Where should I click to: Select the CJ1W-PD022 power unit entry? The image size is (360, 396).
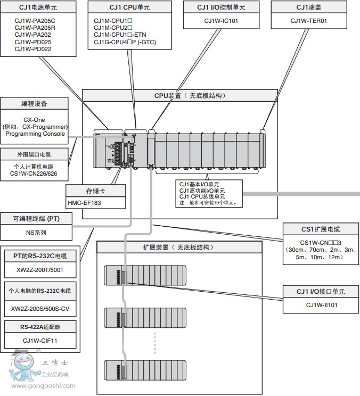pos(33,49)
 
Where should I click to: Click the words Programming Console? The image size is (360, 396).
pos(36,134)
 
